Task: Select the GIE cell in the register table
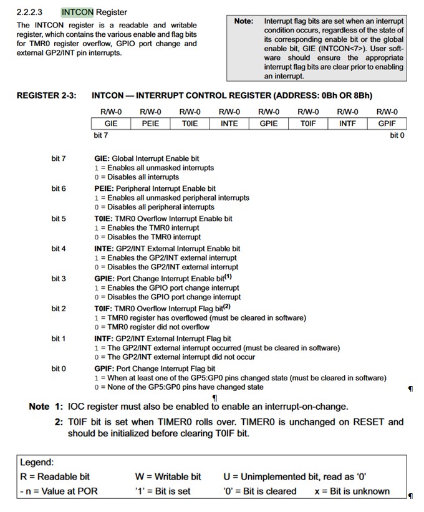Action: click(x=111, y=123)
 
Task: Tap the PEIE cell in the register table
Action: click(x=150, y=123)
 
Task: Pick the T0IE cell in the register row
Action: click(x=190, y=123)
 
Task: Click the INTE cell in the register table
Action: click(x=229, y=123)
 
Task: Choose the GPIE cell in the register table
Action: click(x=269, y=123)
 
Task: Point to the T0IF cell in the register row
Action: click(x=308, y=123)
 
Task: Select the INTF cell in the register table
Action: click(x=347, y=123)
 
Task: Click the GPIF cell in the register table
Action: click(x=387, y=123)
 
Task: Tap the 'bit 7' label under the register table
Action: click(x=100, y=135)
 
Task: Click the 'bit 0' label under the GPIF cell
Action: click(x=397, y=135)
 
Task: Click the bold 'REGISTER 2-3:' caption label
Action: click(x=46, y=95)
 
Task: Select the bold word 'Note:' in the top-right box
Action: click(x=244, y=21)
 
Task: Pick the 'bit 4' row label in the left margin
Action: click(x=59, y=249)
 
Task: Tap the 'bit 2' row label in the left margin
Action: click(x=59, y=309)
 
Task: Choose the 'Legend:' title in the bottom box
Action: click(x=37, y=463)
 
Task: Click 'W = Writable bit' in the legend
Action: click(x=168, y=476)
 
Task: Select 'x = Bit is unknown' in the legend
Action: click(x=352, y=491)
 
